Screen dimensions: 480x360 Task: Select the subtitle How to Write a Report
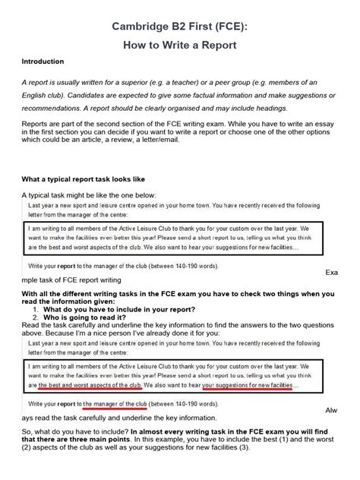[x=179, y=46]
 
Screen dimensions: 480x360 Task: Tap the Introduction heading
[x=43, y=62]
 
